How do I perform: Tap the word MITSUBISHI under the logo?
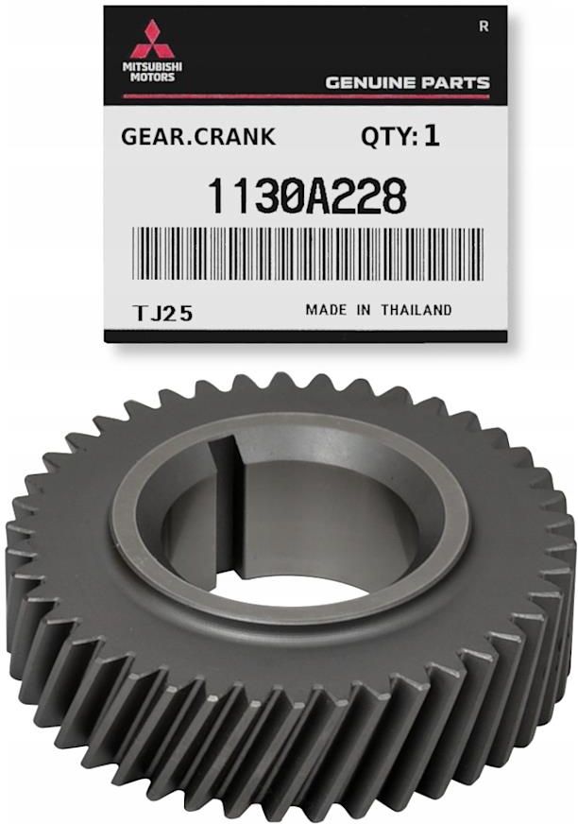[152, 67]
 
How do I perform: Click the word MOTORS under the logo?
[152, 77]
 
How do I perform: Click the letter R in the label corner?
[484, 26]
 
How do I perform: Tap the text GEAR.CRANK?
[198, 137]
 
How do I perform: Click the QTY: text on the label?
[389, 137]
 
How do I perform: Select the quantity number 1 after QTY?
[432, 137]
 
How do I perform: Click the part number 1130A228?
[307, 196]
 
